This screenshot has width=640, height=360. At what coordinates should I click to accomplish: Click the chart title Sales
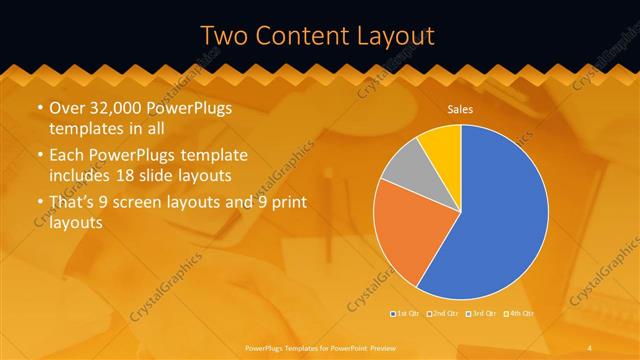(460, 109)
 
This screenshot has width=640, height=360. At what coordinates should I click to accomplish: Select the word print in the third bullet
(284, 203)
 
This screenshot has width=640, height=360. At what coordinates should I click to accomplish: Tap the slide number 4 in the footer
(591, 346)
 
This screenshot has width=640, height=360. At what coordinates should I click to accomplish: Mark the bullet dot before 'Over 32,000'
(39, 109)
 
